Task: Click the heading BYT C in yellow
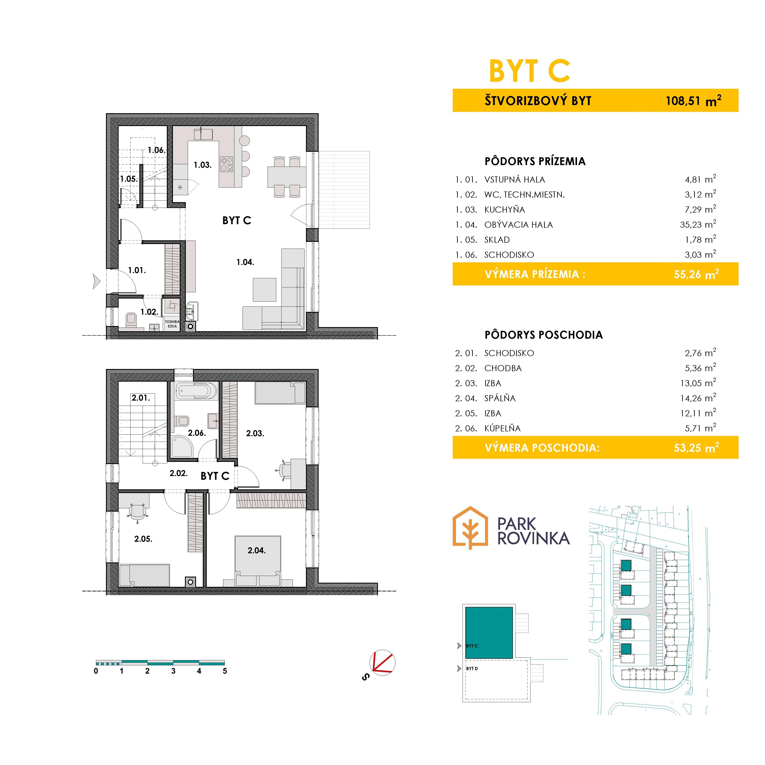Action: (529, 71)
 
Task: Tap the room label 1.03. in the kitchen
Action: (202, 165)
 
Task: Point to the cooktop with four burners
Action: (227, 164)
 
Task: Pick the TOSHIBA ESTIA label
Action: (172, 324)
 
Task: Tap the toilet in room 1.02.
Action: (131, 320)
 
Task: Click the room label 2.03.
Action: (255, 433)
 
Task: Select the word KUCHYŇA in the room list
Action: (504, 210)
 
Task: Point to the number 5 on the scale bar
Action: (225, 671)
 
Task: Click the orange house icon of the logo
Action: (470, 528)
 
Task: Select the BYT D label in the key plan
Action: (472, 668)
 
